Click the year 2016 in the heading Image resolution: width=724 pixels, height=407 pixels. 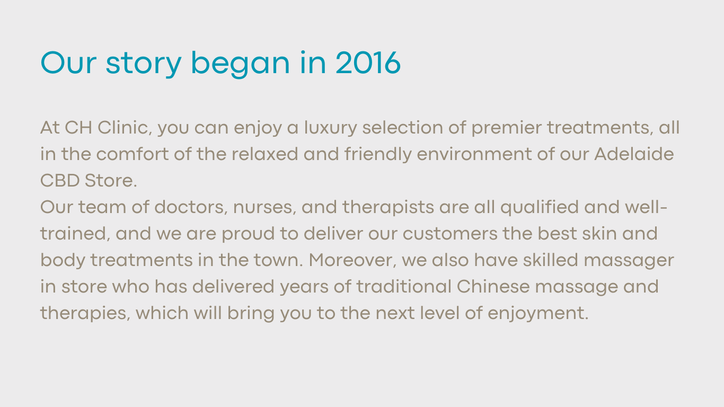coord(368,63)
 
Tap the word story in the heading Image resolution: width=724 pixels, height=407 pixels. coord(144,64)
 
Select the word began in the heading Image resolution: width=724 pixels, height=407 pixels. coord(241,64)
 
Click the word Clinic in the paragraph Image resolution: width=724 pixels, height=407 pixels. coord(125,127)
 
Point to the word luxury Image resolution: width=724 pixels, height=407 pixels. coord(330,128)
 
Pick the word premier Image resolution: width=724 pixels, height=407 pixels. coord(507,128)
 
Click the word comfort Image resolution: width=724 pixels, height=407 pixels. coord(132,154)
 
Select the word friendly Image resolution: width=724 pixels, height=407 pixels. coord(378,155)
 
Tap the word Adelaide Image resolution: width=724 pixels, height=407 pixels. coord(634,154)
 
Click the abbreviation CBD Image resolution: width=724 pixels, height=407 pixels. coord(60,180)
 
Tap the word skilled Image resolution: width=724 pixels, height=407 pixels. coord(551,260)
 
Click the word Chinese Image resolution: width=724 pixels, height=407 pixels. coord(493,286)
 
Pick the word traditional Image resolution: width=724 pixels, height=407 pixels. coord(404,286)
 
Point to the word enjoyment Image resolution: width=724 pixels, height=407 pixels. coord(538,314)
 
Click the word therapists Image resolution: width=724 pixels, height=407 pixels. coord(388,208)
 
